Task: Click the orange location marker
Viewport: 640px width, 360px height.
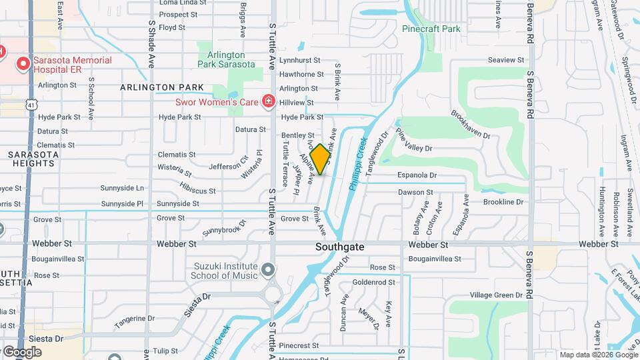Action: tap(319, 159)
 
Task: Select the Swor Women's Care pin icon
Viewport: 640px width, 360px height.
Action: tap(268, 102)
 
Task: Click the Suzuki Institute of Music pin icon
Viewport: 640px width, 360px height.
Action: tap(268, 269)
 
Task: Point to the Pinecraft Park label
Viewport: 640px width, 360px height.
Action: tap(431, 29)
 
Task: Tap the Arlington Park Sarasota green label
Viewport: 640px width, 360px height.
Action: tap(226, 59)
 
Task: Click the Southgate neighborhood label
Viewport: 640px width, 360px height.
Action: tap(340, 247)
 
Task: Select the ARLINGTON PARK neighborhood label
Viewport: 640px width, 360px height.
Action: tap(162, 87)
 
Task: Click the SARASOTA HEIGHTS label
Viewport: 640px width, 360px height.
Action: tap(31, 159)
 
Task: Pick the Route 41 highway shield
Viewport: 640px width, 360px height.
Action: tap(31, 104)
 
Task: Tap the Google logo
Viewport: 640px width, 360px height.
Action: tap(21, 351)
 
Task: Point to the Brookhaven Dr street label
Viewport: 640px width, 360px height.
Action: tap(470, 125)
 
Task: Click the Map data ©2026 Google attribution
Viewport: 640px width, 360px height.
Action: tap(598, 355)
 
